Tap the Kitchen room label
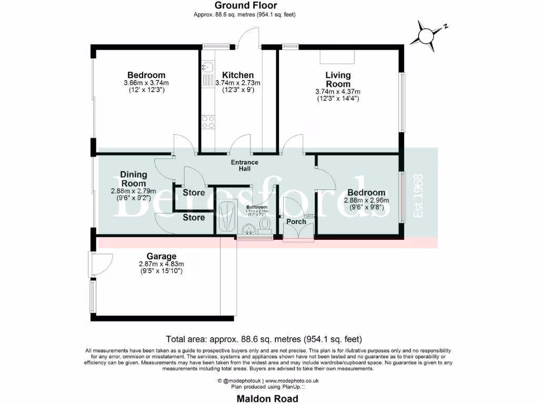237,75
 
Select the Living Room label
337,80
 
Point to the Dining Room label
133,179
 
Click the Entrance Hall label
245,166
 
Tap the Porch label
296,222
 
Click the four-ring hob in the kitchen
207,122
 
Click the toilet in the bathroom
265,225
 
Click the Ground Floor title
245,6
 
